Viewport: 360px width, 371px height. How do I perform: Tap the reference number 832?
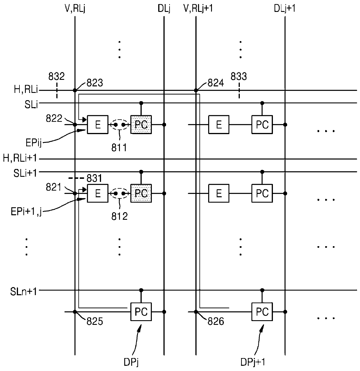pos(56,76)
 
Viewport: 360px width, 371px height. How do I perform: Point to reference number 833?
pos(239,76)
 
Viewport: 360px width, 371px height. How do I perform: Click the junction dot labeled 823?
pos(75,90)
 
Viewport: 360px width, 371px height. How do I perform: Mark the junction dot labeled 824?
pos(196,90)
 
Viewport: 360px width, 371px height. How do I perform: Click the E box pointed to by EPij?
pos(98,125)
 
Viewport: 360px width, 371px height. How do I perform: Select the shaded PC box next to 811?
pos(141,125)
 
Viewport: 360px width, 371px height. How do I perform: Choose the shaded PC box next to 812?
pos(141,193)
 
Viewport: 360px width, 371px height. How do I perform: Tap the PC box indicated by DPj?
pos(141,312)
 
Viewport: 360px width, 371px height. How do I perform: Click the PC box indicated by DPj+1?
pos(262,312)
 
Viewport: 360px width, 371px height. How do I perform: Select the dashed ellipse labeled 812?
pos(119,189)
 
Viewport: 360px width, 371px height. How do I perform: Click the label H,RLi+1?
pos(20,158)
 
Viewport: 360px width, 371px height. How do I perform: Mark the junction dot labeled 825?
pos(75,312)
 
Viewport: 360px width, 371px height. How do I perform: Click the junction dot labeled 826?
pos(196,312)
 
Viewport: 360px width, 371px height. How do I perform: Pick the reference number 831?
pos(94,179)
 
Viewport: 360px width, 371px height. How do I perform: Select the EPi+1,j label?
pos(26,212)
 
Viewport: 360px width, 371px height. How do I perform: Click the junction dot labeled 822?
pos(75,125)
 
